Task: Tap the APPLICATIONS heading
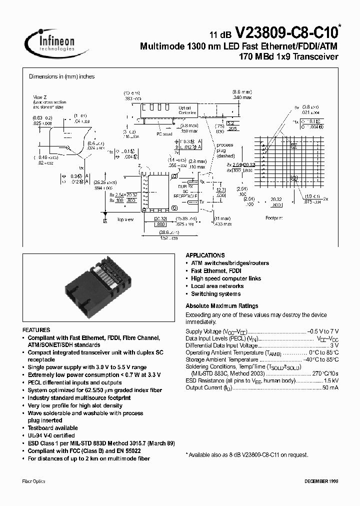(205, 255)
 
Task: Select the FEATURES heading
(36, 330)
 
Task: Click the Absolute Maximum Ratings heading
(221, 306)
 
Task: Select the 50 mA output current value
(330, 387)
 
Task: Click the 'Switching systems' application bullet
(215, 294)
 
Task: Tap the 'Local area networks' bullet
(217, 286)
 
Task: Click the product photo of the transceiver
(97, 290)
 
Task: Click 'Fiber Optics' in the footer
(34, 481)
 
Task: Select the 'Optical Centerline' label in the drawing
(188, 110)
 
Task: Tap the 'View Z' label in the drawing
(39, 96)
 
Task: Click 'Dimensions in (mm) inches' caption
(61, 76)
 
